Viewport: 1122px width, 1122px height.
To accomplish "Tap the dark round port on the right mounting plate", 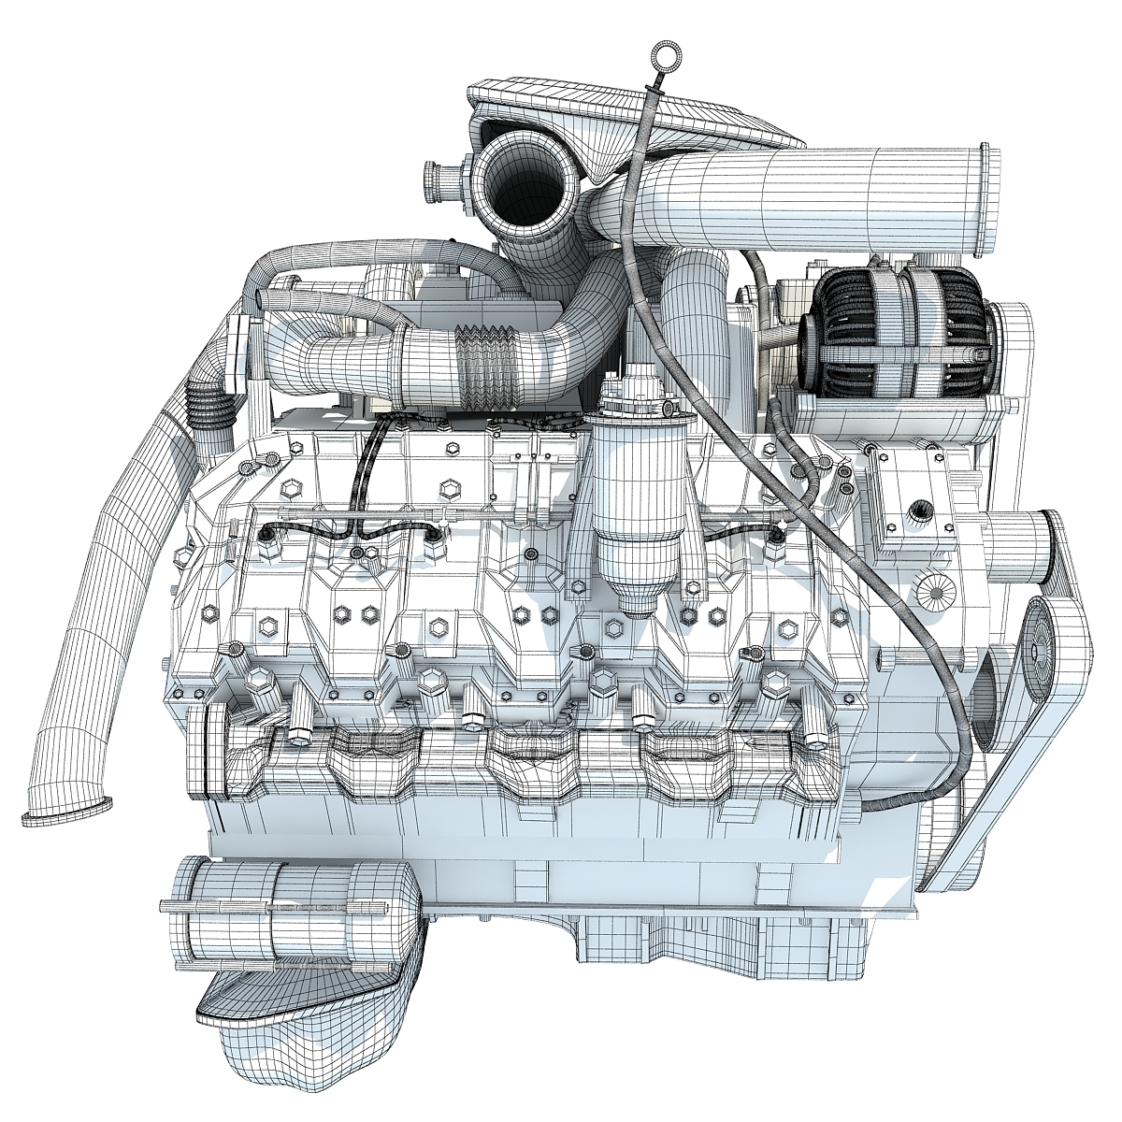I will pos(922,509).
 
